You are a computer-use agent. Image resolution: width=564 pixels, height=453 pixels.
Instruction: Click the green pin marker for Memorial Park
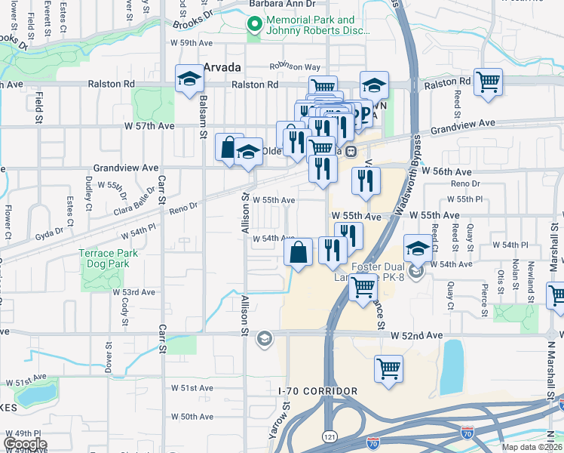click(254, 26)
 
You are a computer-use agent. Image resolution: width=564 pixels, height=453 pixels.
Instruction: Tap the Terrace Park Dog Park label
click(109, 260)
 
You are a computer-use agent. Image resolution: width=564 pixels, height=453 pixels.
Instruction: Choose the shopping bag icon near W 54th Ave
click(299, 251)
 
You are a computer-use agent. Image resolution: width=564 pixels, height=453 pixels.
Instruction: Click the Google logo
click(25, 444)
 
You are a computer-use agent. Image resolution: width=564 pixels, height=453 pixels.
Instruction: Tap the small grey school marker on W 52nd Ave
click(263, 337)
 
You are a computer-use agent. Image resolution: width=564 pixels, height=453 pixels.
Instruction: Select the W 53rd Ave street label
click(134, 291)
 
